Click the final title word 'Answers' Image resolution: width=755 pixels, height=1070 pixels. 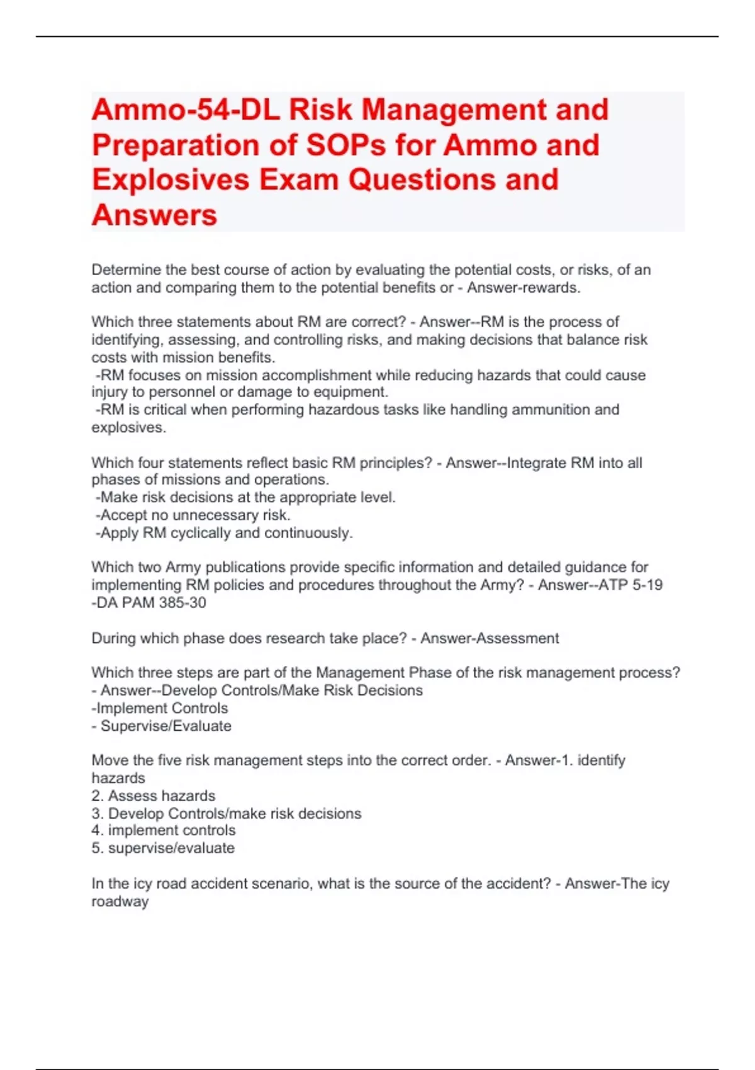point(154,215)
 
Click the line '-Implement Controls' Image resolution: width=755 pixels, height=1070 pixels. point(160,708)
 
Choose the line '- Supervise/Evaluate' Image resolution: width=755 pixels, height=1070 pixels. point(162,726)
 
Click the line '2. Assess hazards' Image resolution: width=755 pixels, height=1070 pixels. point(154,796)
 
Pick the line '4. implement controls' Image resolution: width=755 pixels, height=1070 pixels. point(164,830)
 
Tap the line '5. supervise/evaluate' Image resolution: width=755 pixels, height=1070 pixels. point(163,848)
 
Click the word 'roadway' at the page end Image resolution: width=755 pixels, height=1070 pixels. point(120,901)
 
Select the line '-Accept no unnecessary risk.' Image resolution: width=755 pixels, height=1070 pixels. point(193,515)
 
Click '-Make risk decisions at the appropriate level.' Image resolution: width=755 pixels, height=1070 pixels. point(246,497)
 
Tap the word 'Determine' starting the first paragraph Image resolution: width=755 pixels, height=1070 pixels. point(126,270)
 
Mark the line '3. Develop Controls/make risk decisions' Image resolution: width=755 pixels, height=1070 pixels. point(226,813)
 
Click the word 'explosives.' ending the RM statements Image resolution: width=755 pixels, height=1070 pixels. point(129,427)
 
